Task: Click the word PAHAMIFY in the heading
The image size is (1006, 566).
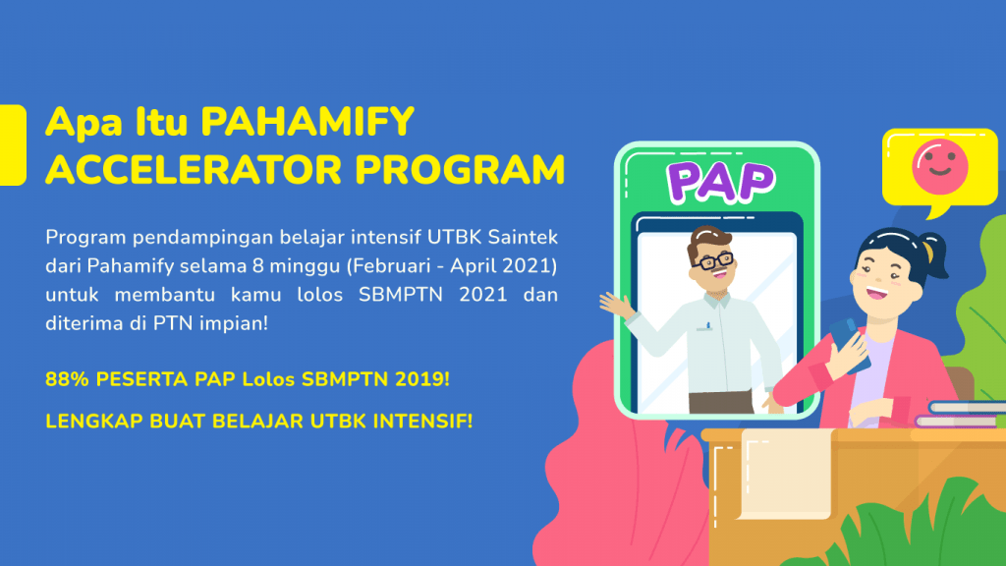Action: [x=307, y=122]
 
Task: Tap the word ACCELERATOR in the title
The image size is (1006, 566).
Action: [x=194, y=170]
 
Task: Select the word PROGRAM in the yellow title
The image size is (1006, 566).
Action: [x=460, y=170]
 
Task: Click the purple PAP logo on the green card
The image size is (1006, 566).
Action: [x=720, y=182]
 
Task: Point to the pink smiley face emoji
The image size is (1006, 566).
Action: [x=940, y=167]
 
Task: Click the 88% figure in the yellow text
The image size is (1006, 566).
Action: [x=67, y=379]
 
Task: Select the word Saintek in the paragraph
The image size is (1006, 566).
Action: [x=523, y=238]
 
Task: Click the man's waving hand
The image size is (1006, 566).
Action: [x=617, y=305]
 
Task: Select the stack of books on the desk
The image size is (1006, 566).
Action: [x=961, y=415]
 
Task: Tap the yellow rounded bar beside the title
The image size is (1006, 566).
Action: [x=12, y=145]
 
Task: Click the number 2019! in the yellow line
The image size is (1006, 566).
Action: [x=422, y=379]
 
